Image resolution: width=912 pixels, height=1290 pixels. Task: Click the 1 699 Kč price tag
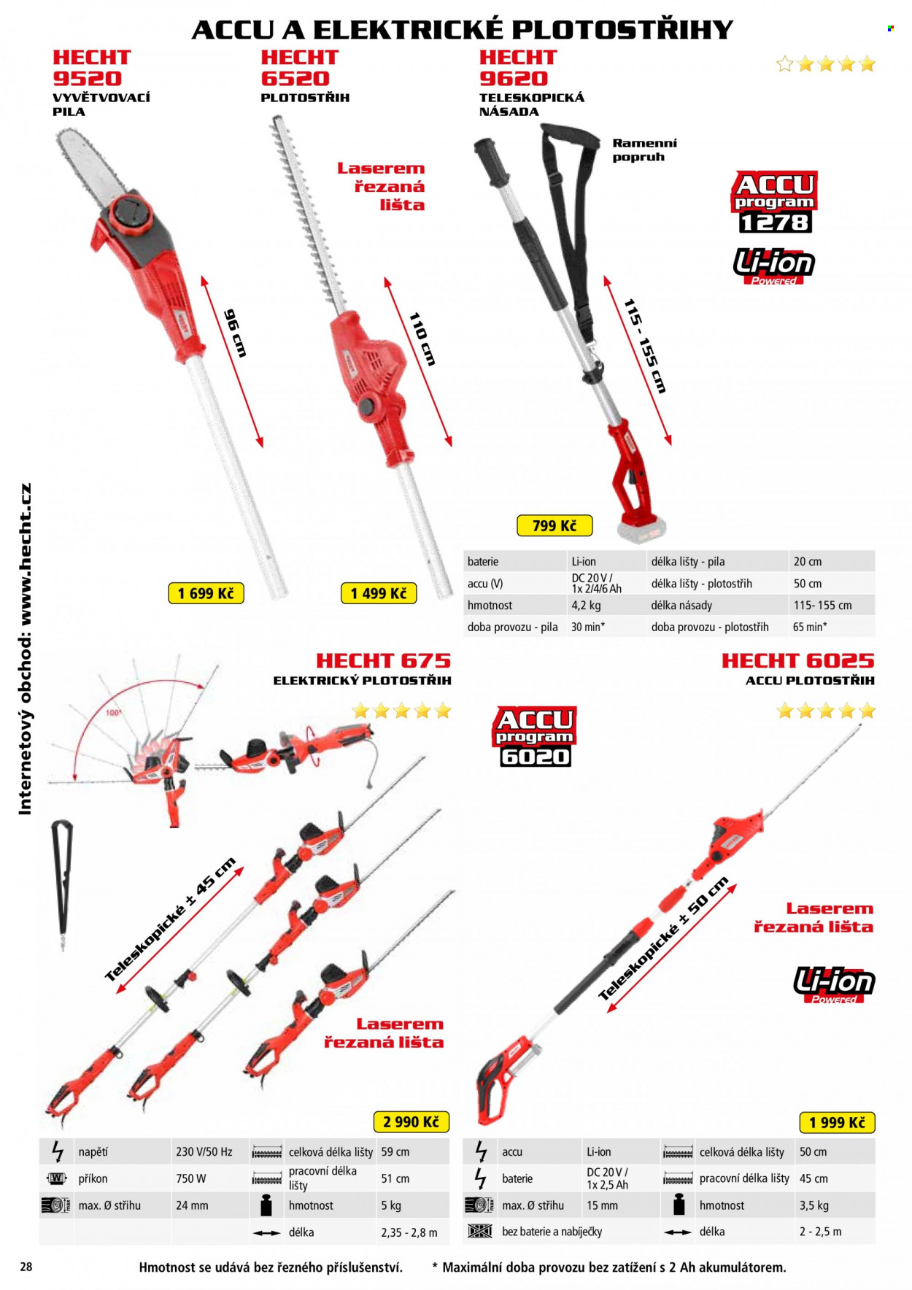click(x=206, y=593)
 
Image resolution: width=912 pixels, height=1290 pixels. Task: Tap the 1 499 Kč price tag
click(x=379, y=593)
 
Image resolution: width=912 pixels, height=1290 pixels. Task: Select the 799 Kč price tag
click(x=554, y=525)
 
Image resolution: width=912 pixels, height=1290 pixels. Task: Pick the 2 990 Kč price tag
click(x=411, y=1121)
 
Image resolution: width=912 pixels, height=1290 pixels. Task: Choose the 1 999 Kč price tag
click(x=837, y=1122)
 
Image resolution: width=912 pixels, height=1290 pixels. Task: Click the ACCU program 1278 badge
click(x=774, y=202)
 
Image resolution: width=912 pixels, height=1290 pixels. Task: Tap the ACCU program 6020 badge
click(x=535, y=736)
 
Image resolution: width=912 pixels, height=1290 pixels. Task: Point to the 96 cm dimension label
click(x=234, y=333)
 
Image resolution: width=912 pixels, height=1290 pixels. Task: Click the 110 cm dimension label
click(x=422, y=339)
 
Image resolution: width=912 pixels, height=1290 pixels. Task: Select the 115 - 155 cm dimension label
click(x=645, y=346)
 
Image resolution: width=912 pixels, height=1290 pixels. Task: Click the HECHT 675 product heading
click(x=383, y=660)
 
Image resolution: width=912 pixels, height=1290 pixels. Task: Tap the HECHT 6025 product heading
click(x=797, y=660)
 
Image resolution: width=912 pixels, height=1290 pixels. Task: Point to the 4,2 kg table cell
click(x=586, y=605)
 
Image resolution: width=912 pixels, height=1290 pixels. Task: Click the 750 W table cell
click(x=191, y=1178)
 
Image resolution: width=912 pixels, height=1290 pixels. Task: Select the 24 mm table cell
click(x=192, y=1205)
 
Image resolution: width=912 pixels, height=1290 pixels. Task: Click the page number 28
click(x=26, y=1267)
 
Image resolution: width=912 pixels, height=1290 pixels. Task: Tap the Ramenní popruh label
click(x=644, y=150)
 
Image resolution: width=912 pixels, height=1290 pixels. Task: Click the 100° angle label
click(x=114, y=713)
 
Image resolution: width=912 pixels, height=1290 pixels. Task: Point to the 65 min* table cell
click(x=810, y=627)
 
